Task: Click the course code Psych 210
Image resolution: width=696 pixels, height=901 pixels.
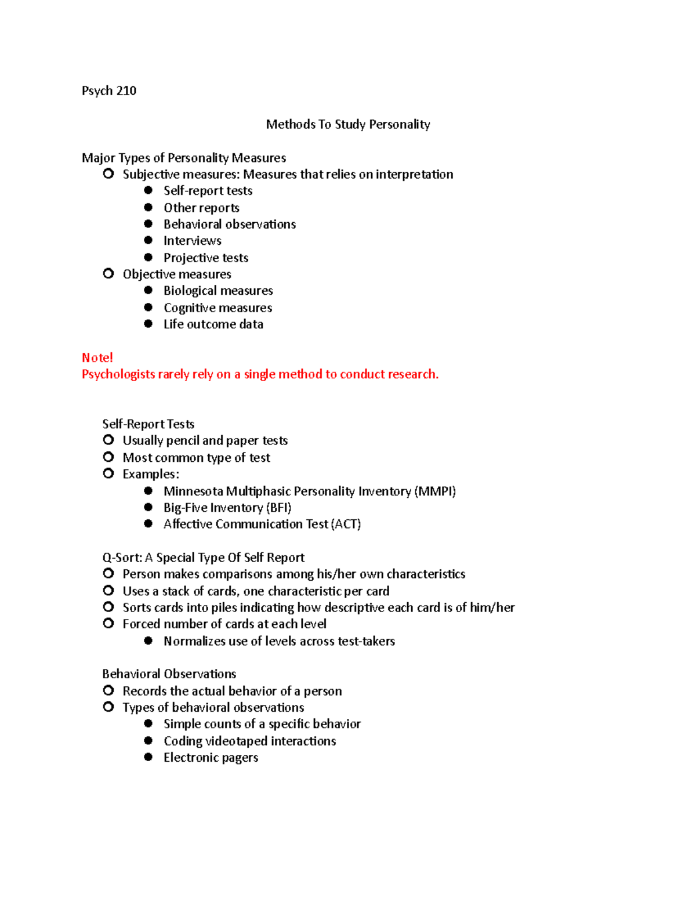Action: pyautogui.click(x=109, y=91)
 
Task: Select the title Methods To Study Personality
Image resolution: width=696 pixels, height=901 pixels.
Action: pyautogui.click(x=348, y=124)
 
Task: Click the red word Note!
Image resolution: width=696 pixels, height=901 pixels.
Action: pyautogui.click(x=97, y=357)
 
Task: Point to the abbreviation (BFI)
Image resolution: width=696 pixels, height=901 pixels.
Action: pyautogui.click(x=278, y=508)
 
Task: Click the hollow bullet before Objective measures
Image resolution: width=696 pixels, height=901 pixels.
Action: pyautogui.click(x=108, y=273)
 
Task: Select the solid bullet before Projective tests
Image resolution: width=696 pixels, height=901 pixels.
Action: pyautogui.click(x=148, y=257)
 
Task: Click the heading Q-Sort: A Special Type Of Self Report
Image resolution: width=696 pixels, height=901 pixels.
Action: pyautogui.click(x=203, y=558)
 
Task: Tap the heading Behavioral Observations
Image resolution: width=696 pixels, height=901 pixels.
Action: pyautogui.click(x=169, y=674)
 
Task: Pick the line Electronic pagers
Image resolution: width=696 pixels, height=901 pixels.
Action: pyautogui.click(x=211, y=757)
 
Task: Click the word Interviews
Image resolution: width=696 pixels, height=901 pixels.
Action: pyautogui.click(x=192, y=241)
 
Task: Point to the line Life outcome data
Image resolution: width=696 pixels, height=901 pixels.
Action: pyautogui.click(x=213, y=324)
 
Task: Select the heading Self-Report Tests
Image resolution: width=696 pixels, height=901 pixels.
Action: pyautogui.click(x=148, y=424)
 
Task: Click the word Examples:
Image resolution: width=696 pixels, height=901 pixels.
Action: pyautogui.click(x=151, y=474)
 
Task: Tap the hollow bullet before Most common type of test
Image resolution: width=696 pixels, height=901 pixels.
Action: pyautogui.click(x=108, y=457)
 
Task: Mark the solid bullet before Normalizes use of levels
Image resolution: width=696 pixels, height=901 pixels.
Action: pyautogui.click(x=148, y=641)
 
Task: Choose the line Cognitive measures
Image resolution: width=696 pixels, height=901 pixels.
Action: pyautogui.click(x=217, y=307)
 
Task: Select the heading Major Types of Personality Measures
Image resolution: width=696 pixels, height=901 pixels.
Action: pyautogui.click(x=184, y=158)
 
